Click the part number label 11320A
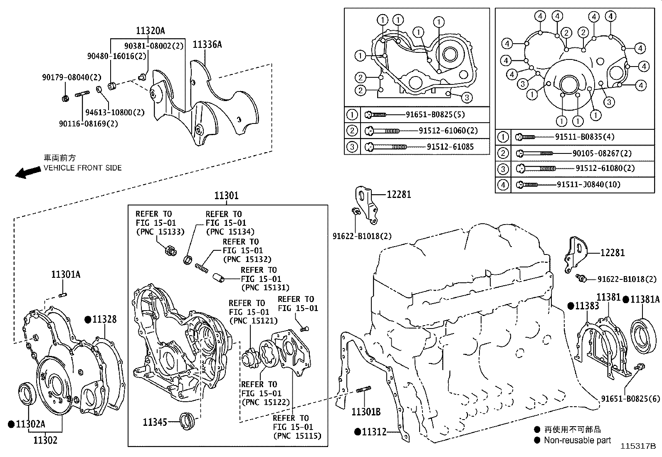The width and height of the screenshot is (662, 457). tap(150, 30)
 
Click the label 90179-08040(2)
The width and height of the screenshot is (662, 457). tap(72, 77)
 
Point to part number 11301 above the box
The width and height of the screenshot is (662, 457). tap(226, 195)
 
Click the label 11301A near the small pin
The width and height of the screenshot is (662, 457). tap(66, 274)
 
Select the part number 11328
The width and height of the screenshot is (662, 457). tap(104, 319)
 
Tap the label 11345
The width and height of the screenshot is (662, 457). tap(155, 422)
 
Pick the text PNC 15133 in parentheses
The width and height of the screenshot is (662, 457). tap(160, 232)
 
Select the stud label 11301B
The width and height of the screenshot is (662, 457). tap(366, 412)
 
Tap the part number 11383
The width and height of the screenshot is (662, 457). tap(587, 306)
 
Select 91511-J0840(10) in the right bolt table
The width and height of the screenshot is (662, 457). tap(588, 184)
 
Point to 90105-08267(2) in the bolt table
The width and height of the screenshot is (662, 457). tap(602, 153)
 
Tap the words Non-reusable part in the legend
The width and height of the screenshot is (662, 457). tap(577, 440)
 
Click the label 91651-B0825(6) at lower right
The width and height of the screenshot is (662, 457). tap(630, 398)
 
